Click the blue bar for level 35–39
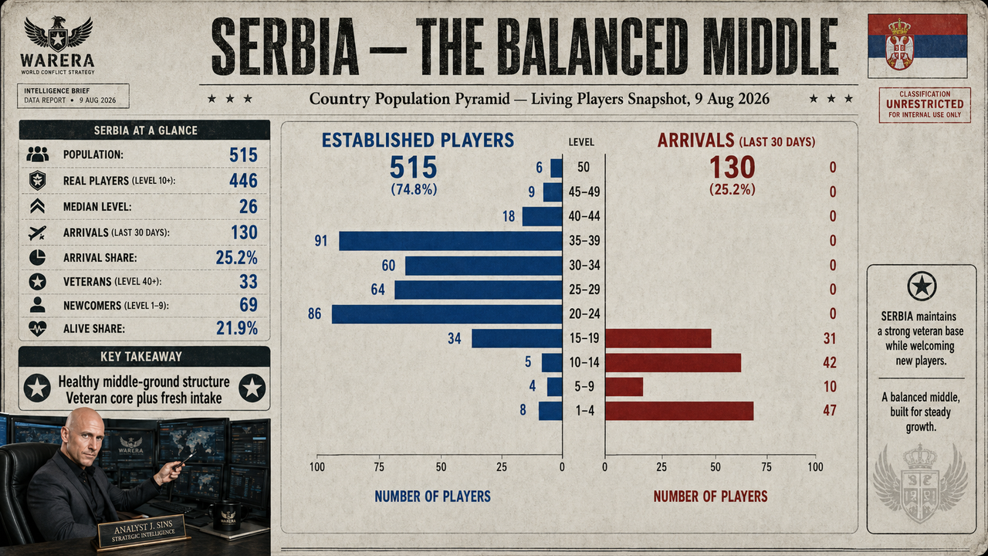(x=450, y=241)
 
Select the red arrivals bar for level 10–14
(x=673, y=363)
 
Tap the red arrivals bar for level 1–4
(x=679, y=411)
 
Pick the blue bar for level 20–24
(x=447, y=314)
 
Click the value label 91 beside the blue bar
(x=320, y=241)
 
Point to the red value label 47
(x=830, y=411)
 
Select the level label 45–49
(x=584, y=192)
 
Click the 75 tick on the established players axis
(x=379, y=467)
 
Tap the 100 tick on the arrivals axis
(x=815, y=467)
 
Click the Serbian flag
(x=918, y=46)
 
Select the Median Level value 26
(x=249, y=206)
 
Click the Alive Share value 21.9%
(x=237, y=328)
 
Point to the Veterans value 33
(x=249, y=282)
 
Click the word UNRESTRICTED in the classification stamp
(x=925, y=104)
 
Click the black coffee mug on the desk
(x=226, y=517)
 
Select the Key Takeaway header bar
(x=144, y=357)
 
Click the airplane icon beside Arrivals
(x=37, y=232)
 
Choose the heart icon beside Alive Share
(x=37, y=329)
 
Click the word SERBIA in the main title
(x=285, y=47)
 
